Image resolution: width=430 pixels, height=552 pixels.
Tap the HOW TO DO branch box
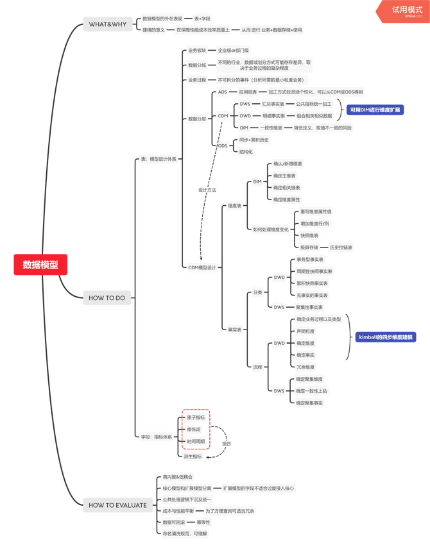[x=107, y=297]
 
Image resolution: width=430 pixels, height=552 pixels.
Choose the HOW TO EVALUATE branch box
[x=117, y=505]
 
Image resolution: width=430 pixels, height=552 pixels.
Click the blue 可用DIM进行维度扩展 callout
[x=375, y=110]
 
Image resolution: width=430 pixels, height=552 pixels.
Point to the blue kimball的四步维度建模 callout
[x=385, y=337]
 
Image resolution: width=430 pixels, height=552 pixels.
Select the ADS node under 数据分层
[x=223, y=92]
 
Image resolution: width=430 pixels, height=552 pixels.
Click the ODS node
[x=222, y=146]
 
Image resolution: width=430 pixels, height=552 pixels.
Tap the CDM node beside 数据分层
[x=223, y=116]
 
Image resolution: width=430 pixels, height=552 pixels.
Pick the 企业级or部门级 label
[x=234, y=49]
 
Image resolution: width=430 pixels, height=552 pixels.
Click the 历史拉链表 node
[x=341, y=247]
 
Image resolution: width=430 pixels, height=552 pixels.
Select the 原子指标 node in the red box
[x=195, y=417]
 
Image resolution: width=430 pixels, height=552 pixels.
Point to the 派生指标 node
[x=194, y=456]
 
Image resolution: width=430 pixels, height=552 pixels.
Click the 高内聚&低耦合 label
[x=176, y=477]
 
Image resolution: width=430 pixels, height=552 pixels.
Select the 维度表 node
[x=235, y=206]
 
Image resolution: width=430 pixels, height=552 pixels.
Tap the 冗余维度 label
[x=305, y=367]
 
